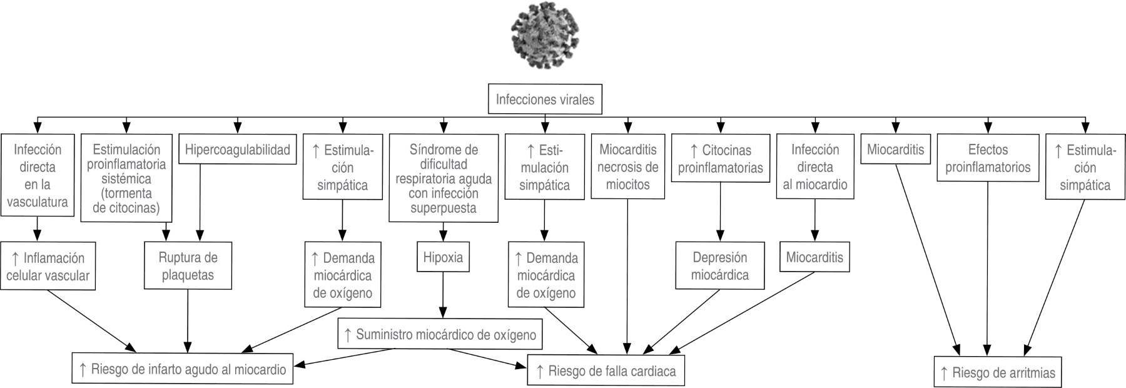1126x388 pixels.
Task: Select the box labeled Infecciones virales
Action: tap(545, 100)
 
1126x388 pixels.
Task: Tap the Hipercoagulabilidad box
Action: tap(237, 150)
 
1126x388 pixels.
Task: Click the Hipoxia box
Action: tap(443, 257)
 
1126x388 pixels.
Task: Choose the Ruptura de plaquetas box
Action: tap(188, 266)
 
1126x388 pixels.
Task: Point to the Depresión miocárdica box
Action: tap(720, 266)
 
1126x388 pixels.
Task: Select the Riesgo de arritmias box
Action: tap(998, 374)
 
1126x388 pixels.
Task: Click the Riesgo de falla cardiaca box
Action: tap(606, 371)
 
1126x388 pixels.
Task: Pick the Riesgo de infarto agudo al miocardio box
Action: tap(182, 369)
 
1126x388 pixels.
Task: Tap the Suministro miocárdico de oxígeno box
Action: tap(440, 334)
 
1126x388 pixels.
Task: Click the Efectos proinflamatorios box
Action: tap(988, 158)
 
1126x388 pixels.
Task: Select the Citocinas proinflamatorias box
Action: tap(720, 159)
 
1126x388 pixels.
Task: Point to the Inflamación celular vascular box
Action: tap(48, 267)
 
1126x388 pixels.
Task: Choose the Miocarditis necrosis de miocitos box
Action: tap(627, 167)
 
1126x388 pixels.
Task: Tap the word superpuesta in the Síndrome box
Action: tap(444, 208)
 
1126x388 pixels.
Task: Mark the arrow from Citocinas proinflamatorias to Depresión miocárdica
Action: tap(720, 213)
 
